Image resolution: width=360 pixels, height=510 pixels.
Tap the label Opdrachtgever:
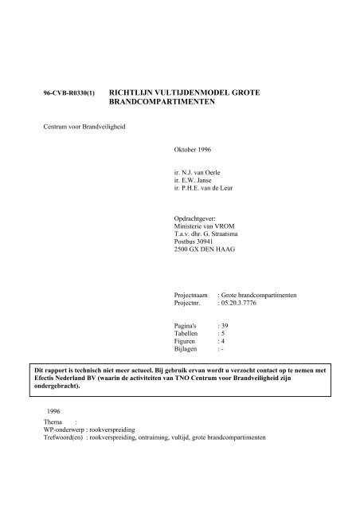pyautogui.click(x=194, y=218)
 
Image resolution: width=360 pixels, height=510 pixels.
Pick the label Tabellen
pyautogui.click(x=188, y=335)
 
